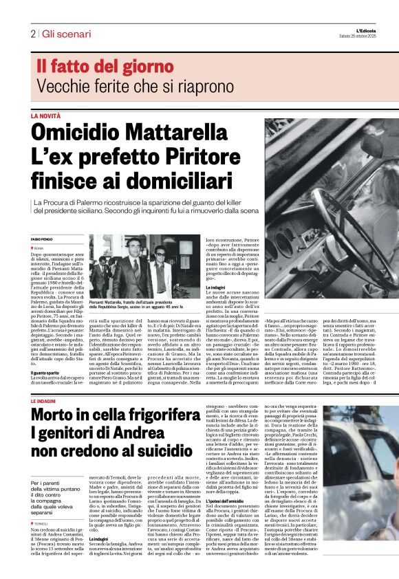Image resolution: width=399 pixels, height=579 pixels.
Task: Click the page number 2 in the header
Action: [32, 34]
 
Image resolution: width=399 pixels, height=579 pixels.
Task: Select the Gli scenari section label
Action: [66, 34]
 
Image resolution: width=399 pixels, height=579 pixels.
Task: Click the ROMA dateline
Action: [39, 247]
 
